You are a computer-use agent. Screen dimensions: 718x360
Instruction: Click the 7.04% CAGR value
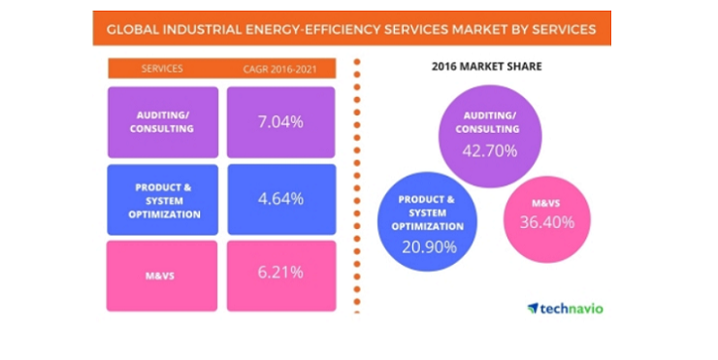[280, 122]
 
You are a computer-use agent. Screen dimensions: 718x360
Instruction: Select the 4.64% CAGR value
[280, 199]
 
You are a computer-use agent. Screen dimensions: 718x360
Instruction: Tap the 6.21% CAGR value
[280, 272]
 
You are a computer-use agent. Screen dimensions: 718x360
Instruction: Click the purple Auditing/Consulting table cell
[163, 122]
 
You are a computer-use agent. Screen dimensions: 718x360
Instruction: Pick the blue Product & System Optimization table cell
[163, 200]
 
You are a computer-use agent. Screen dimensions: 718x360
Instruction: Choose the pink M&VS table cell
[162, 277]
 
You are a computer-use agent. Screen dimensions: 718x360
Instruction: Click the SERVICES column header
[162, 69]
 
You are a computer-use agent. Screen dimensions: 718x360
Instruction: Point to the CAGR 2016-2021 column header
[279, 69]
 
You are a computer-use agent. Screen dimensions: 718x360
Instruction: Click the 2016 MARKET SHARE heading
[487, 66]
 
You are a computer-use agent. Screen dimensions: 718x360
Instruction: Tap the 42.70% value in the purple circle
[490, 150]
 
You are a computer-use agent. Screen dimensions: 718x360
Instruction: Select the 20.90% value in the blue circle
[429, 246]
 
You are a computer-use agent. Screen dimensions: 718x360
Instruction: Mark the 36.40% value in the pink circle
[546, 222]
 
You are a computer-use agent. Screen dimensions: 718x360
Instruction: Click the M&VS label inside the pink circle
[546, 203]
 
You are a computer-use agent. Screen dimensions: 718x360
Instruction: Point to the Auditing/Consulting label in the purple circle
[488, 122]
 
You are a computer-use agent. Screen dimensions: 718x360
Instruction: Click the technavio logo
[565, 309]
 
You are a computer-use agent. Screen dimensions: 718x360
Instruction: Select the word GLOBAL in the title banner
[133, 30]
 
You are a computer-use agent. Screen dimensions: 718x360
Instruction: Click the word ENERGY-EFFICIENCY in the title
[312, 30]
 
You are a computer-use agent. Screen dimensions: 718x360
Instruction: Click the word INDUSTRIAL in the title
[202, 30]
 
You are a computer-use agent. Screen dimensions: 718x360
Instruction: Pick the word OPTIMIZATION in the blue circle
[428, 226]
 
